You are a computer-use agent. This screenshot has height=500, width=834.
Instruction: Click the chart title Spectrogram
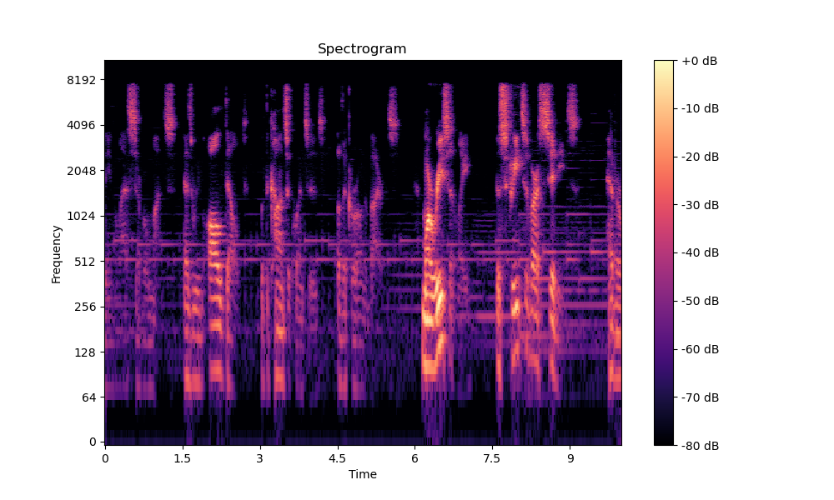click(x=362, y=49)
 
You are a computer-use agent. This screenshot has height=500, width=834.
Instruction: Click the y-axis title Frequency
click(x=57, y=253)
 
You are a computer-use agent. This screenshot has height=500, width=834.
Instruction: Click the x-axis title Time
click(x=362, y=474)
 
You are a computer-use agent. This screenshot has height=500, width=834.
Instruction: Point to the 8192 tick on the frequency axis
click(x=82, y=80)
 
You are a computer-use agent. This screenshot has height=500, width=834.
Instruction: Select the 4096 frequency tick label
click(x=82, y=125)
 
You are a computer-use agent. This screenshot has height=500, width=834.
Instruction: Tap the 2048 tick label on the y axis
click(x=82, y=171)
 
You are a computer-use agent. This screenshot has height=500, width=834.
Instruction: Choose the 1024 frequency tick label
click(x=82, y=216)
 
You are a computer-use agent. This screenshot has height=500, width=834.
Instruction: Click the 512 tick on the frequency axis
click(x=85, y=261)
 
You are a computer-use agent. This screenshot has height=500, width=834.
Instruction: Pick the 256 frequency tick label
click(x=85, y=307)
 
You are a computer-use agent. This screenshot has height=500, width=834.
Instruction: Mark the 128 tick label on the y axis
click(x=85, y=352)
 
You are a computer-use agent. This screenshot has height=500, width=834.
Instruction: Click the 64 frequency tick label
click(x=88, y=397)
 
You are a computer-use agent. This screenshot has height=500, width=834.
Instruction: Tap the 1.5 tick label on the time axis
click(x=182, y=458)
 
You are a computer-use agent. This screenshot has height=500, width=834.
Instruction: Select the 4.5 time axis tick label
click(x=337, y=458)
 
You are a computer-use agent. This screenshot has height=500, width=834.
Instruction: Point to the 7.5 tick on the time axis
click(x=492, y=458)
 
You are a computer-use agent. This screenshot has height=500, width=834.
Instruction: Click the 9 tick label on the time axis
click(x=570, y=458)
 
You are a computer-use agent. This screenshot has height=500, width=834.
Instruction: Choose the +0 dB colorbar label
click(x=699, y=61)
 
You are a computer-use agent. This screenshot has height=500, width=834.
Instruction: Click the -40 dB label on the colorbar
click(x=699, y=252)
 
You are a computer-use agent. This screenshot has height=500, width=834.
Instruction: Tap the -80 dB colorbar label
click(x=699, y=446)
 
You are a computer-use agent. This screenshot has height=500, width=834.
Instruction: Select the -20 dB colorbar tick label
click(x=699, y=157)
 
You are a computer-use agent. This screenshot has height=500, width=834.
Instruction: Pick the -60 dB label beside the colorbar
click(x=699, y=349)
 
